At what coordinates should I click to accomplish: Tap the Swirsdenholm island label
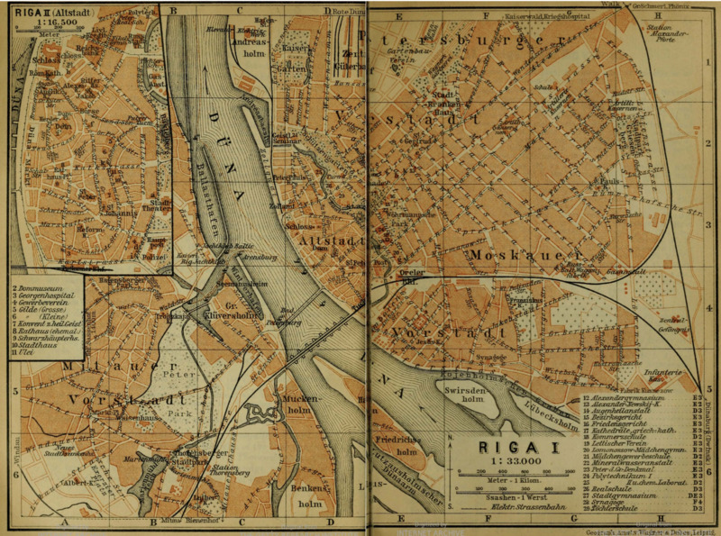pyautogui.click(x=466, y=394)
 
